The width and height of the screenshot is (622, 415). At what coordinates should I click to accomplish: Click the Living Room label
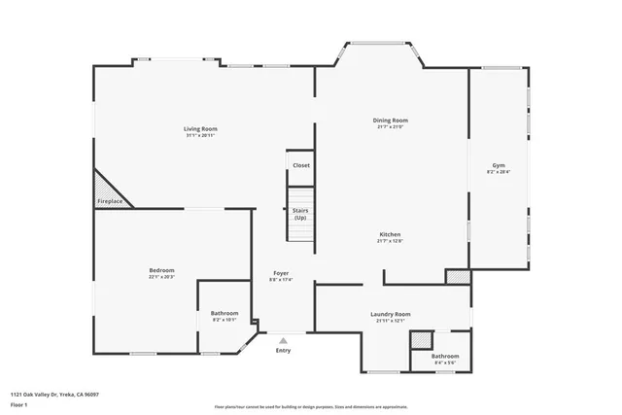click(x=200, y=128)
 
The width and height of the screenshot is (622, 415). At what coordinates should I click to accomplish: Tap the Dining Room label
click(x=390, y=121)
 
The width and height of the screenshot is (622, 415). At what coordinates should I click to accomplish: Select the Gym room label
click(x=499, y=166)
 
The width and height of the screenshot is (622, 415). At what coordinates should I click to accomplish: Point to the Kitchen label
click(x=390, y=234)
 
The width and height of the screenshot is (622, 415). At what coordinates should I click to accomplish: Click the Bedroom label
click(x=161, y=269)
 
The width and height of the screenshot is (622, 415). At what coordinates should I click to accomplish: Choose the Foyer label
click(x=281, y=274)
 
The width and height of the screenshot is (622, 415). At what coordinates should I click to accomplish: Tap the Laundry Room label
click(x=391, y=314)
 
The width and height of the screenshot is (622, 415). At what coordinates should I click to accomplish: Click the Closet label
click(x=301, y=165)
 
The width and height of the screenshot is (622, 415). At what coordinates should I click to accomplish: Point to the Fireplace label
click(x=110, y=201)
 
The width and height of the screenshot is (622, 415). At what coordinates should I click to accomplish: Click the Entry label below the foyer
click(x=283, y=350)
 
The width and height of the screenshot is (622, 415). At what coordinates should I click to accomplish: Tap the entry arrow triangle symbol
click(x=283, y=340)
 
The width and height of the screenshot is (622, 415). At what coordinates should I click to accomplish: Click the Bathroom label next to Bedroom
click(x=225, y=313)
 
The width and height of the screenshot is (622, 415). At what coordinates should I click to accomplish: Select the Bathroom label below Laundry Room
click(x=445, y=356)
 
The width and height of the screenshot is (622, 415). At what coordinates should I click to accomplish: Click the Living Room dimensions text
click(x=200, y=135)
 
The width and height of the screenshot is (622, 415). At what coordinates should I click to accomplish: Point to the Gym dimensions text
click(x=499, y=173)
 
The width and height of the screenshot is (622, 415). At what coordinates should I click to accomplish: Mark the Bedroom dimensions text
click(x=161, y=276)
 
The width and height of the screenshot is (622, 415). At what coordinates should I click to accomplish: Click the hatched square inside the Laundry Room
click(x=420, y=341)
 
